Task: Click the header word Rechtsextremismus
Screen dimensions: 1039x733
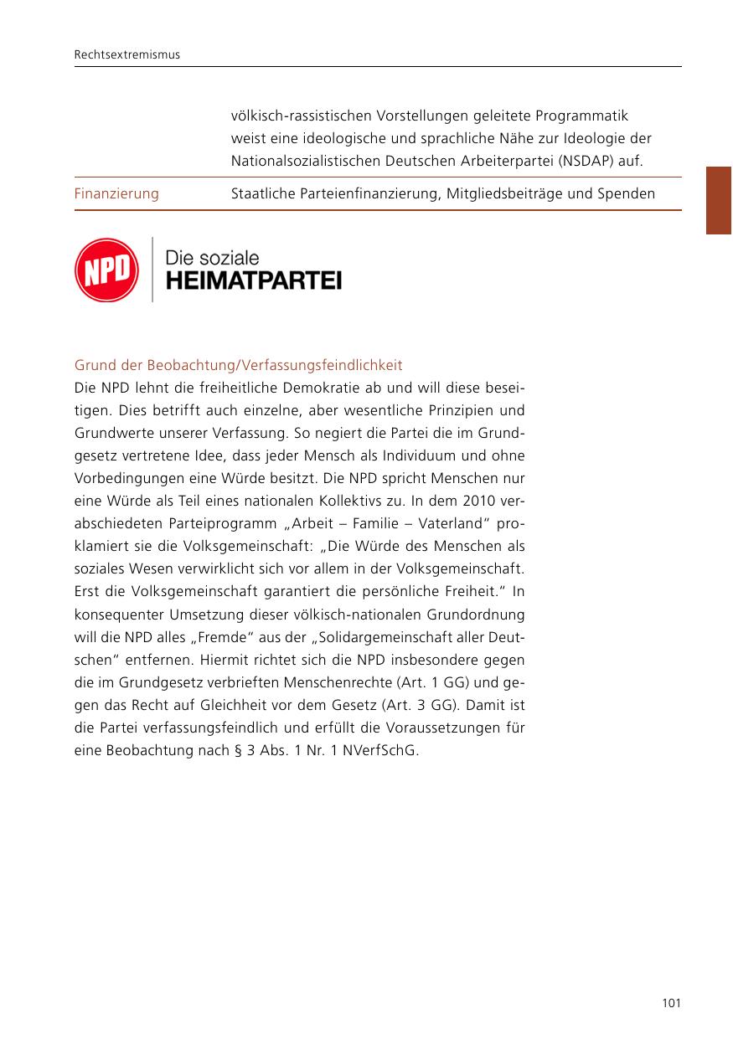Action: (x=127, y=55)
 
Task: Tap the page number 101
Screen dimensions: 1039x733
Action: (x=670, y=1003)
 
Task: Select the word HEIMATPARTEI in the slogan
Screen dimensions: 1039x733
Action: (x=254, y=280)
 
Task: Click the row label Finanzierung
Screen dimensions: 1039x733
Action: (x=116, y=193)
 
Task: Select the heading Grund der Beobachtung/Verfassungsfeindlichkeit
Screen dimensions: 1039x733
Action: (x=239, y=366)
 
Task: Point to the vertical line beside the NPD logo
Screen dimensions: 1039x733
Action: (x=152, y=270)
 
